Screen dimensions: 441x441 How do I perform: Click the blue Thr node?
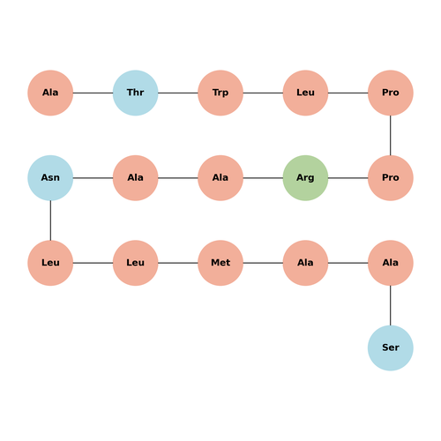coord(136,93)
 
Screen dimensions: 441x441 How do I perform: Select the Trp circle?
coord(220,93)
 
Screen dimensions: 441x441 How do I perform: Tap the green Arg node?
coord(305,178)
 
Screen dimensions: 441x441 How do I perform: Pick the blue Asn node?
coord(50,178)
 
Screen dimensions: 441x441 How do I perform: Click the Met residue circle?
coord(220,263)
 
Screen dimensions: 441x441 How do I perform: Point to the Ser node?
coord(391,348)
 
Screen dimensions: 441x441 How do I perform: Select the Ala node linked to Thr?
coord(50,93)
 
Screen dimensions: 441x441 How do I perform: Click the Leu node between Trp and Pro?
coord(305,93)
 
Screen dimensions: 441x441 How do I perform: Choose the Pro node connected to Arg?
coord(391,178)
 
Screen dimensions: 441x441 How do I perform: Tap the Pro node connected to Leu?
coord(391,93)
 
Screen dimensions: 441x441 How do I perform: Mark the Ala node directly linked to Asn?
coord(136,178)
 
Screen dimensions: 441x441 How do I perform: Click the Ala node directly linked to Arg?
coord(220,178)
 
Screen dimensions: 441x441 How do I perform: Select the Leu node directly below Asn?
coord(50,263)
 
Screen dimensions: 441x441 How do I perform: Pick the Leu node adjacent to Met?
coord(136,263)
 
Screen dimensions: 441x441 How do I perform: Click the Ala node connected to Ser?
coord(391,263)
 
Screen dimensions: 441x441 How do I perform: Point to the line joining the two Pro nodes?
coord(391,135)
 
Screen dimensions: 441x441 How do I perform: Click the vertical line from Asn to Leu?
coord(50,220)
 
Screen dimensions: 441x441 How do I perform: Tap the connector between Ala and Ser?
coord(391,305)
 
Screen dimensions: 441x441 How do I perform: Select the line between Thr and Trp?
coord(178,93)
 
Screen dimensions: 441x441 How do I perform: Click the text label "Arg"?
coord(305,178)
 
